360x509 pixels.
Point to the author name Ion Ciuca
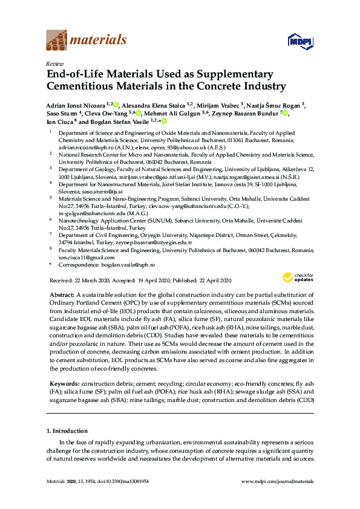point(62,122)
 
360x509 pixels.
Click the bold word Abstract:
point(61,293)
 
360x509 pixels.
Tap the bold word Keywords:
point(64,384)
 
